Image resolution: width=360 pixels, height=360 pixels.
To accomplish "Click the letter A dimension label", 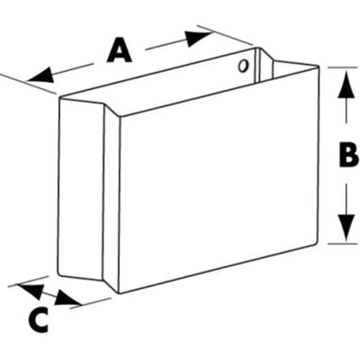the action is tap(120, 49).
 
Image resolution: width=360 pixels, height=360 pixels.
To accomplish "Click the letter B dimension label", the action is tap(348, 154).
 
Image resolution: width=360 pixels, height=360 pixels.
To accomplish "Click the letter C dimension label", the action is tap(38, 319).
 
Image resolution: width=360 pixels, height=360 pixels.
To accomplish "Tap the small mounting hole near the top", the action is tap(243, 66).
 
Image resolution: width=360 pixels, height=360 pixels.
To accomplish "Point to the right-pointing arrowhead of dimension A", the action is tap(199, 38).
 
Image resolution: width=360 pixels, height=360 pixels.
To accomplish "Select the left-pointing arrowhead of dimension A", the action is tap(40, 76).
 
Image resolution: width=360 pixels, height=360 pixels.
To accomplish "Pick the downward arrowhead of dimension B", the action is tap(346, 227).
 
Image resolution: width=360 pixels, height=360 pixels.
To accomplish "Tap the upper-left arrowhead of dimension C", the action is tap(30, 291).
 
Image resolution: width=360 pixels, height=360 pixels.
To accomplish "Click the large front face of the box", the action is tap(219, 180).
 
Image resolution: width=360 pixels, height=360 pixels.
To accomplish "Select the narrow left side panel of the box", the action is tap(81, 189).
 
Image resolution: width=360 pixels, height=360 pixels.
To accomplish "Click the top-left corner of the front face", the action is tap(120, 116).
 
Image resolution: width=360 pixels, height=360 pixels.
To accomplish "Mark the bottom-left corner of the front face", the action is tap(120, 292).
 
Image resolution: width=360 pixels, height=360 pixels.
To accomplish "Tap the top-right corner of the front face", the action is tap(319, 66).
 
